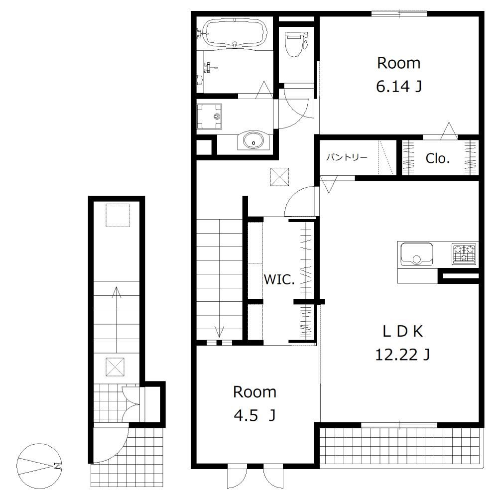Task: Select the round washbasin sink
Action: [253, 140]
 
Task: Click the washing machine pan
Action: [209, 116]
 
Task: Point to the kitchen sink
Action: [416, 254]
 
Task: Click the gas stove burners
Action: [464, 254]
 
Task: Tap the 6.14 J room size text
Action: [399, 86]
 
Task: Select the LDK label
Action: [403, 332]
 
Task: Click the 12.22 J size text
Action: [402, 355]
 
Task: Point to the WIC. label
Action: [279, 279]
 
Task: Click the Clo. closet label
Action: [437, 158]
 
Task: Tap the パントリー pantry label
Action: [347, 157]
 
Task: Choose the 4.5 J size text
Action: [254, 415]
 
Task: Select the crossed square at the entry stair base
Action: [115, 367]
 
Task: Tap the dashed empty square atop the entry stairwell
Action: [118, 215]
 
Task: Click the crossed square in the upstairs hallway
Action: [279, 177]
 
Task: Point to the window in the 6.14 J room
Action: [399, 13]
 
